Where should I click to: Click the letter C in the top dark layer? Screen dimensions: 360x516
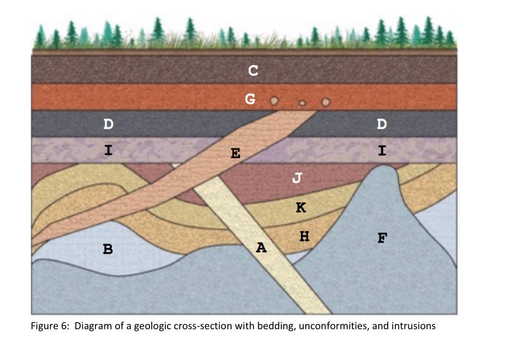(253, 71)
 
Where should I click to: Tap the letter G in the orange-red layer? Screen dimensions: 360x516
(250, 99)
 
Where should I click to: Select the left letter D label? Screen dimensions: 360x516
(108, 124)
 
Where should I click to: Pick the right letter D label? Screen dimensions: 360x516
(382, 124)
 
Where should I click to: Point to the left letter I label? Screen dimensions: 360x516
(108, 150)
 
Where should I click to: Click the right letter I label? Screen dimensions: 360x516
(382, 151)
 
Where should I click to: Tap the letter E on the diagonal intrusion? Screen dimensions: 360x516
(236, 154)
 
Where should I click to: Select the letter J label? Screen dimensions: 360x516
(297, 178)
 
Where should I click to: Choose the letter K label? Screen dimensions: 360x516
(301, 208)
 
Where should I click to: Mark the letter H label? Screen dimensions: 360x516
(304, 236)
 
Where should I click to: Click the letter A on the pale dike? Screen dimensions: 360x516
(261, 247)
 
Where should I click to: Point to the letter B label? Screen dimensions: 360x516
(108, 249)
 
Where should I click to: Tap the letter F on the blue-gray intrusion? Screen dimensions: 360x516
(382, 238)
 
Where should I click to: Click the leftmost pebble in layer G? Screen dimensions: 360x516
(273, 101)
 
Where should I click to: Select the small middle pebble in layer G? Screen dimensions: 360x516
(302, 103)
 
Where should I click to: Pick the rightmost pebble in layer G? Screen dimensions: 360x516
(326, 101)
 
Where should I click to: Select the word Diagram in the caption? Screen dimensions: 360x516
(90, 326)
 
